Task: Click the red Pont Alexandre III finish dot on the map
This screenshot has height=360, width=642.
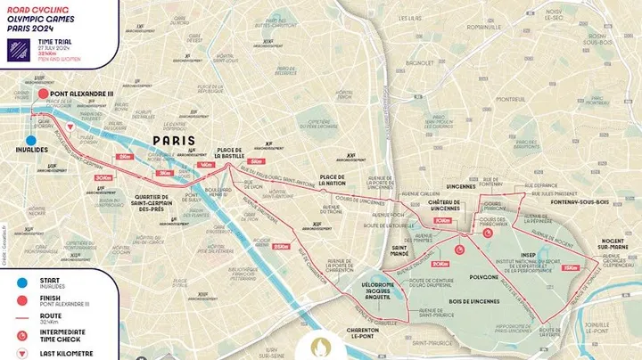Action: tap(41, 92)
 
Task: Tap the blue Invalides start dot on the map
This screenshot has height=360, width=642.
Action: tap(32, 140)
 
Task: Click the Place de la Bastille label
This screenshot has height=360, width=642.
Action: tap(230, 155)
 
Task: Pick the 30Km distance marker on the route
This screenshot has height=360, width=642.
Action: tap(164, 173)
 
